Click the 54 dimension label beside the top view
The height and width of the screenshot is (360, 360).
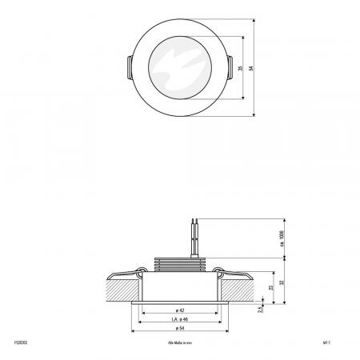click(252, 68)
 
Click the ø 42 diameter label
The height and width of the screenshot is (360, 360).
click(180, 310)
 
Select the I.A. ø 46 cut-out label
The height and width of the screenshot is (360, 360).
click(180, 318)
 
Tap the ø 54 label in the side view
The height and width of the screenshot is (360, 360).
click(180, 327)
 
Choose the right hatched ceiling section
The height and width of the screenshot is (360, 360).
click(238, 284)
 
